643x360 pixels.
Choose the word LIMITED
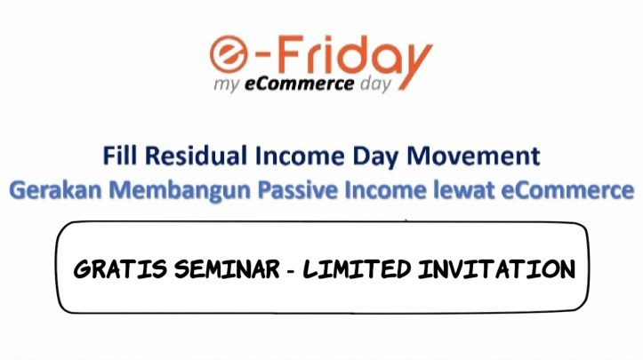(x=355, y=268)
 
